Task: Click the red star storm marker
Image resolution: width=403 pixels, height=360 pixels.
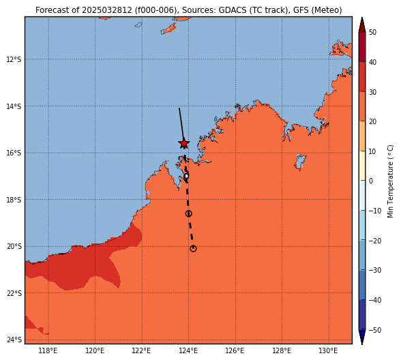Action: (x=183, y=144)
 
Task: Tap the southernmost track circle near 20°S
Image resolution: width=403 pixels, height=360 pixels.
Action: (x=193, y=248)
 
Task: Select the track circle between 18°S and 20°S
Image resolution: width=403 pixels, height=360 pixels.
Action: (x=189, y=213)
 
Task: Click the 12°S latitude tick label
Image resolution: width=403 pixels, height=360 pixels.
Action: (x=14, y=59)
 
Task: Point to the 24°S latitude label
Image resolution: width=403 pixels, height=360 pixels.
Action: (x=14, y=340)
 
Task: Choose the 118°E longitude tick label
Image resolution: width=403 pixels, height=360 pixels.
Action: (x=48, y=350)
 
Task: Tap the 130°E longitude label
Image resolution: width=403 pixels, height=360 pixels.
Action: (x=328, y=350)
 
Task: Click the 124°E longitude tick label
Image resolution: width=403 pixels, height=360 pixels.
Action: (x=188, y=350)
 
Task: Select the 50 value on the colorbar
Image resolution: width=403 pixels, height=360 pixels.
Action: (x=372, y=32)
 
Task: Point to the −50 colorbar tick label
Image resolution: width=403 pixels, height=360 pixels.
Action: (x=375, y=330)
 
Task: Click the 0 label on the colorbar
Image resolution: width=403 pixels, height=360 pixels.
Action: (x=371, y=181)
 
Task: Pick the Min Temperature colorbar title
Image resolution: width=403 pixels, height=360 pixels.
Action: (x=390, y=181)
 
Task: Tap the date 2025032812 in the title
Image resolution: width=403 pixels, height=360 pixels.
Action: (x=107, y=10)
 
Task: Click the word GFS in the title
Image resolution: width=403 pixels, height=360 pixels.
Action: (x=300, y=10)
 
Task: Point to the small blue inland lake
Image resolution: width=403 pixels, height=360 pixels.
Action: (x=300, y=162)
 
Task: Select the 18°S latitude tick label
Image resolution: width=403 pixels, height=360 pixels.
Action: (x=14, y=200)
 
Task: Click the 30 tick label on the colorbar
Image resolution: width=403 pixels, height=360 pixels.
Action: (x=372, y=92)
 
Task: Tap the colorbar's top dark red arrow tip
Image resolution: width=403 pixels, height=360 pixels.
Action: (x=362, y=18)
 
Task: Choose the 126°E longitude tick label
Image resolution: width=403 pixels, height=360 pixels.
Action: (x=235, y=350)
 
